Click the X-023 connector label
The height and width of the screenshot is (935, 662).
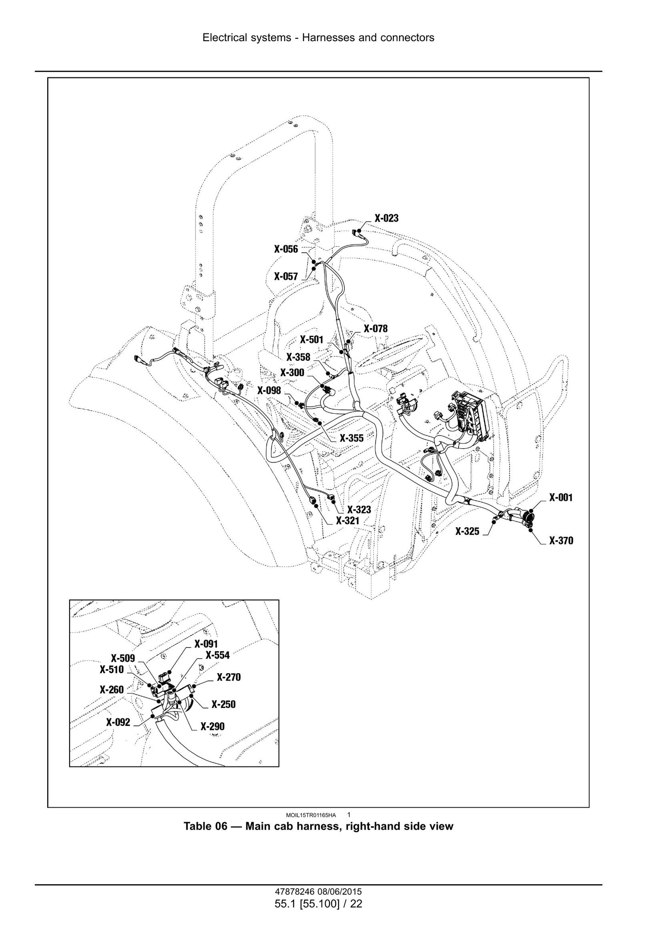[387, 218]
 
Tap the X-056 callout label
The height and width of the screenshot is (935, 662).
[286, 249]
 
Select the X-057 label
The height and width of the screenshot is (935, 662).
[286, 276]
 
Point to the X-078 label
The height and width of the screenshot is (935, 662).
[376, 329]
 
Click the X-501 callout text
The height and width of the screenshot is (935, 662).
[312, 340]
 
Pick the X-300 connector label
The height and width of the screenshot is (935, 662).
[292, 373]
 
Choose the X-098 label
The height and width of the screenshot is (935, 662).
[269, 390]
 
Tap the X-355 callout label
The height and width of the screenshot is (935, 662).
[351, 438]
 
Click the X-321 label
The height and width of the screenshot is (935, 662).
[348, 521]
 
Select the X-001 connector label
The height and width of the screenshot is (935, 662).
[561, 497]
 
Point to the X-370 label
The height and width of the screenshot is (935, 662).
[561, 540]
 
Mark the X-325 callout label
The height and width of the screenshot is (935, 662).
[467, 531]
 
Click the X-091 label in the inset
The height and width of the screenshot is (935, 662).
[206, 644]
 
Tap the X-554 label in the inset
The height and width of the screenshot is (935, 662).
[218, 655]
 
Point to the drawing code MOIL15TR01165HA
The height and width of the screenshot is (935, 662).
[310, 815]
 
